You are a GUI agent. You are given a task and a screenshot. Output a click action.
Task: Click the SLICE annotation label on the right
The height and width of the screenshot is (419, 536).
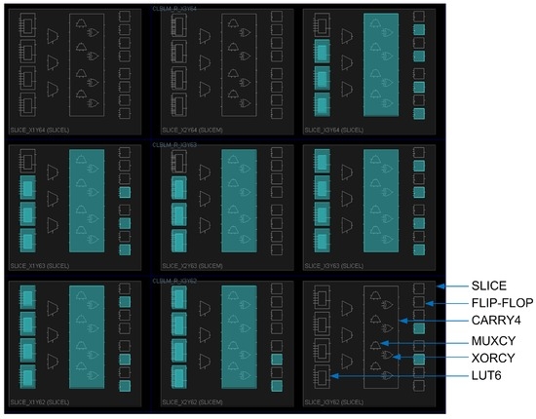pyautogui.click(x=489, y=286)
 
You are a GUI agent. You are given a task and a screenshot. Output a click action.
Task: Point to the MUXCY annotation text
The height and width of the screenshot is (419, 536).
pyautogui.click(x=492, y=340)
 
